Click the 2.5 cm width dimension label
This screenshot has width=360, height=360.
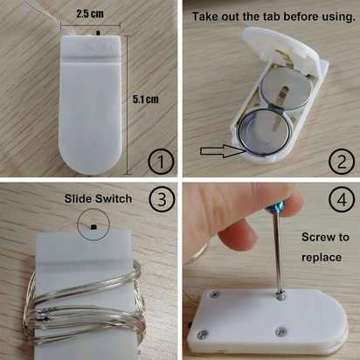pyautogui.click(x=90, y=14)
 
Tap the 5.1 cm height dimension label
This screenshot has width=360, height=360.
pyautogui.click(x=146, y=100)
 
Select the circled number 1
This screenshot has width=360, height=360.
pyautogui.click(x=161, y=162)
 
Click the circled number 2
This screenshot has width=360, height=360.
pyautogui.click(x=342, y=162)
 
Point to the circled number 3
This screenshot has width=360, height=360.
pyautogui.click(x=162, y=199)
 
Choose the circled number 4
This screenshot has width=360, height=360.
pyautogui.click(x=342, y=200)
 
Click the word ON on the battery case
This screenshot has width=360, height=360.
pyautogui.click(x=92, y=46)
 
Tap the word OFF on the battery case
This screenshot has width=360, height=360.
pyautogui.click(x=108, y=46)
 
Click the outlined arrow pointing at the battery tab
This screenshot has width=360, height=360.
pyautogui.click(x=222, y=150)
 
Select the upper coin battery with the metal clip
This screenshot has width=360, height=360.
pyautogui.click(x=286, y=89)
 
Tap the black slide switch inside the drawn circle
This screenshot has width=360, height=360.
pyautogui.click(x=93, y=226)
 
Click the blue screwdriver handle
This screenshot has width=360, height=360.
pyautogui.click(x=273, y=209)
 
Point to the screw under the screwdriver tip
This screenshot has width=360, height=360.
pyautogui.click(x=280, y=298)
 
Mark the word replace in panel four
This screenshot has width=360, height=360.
pyautogui.click(x=322, y=258)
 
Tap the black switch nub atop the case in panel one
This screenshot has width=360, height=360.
pyautogui.click(x=98, y=32)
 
